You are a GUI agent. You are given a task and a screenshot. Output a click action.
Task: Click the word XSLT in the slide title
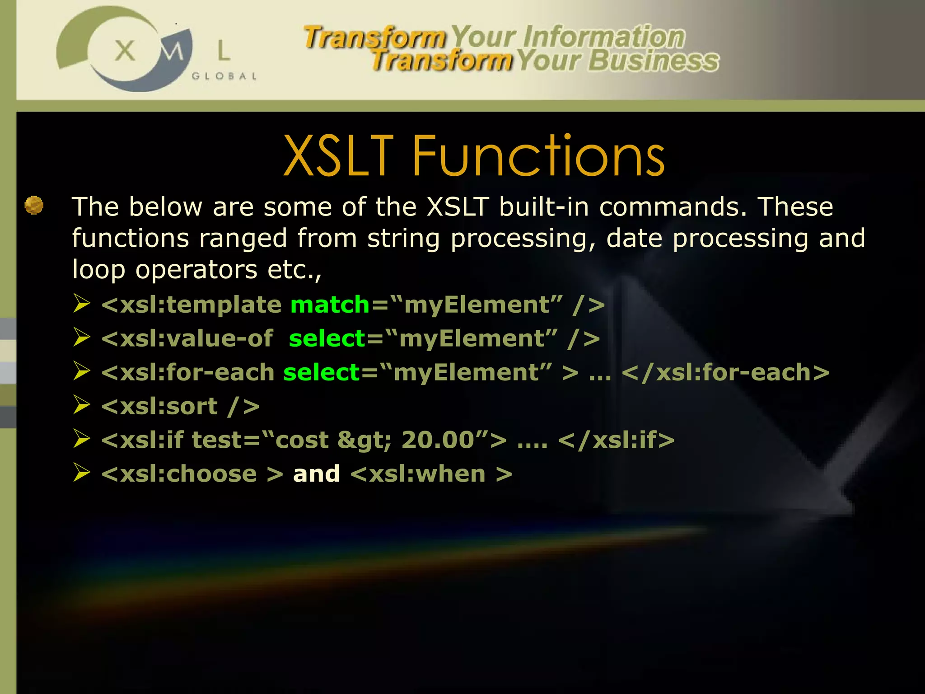tap(339, 156)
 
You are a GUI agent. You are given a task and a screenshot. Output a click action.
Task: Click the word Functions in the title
tap(538, 156)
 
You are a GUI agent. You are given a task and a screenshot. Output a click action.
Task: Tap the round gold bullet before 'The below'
tap(34, 205)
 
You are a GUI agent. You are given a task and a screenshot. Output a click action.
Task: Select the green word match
tap(330, 305)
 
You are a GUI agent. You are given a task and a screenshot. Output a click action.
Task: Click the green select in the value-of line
tap(327, 338)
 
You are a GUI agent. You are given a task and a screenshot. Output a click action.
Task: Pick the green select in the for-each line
tap(322, 372)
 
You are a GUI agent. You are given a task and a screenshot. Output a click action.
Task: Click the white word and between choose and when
tap(316, 474)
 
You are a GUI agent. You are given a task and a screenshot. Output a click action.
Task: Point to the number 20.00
tap(438, 440)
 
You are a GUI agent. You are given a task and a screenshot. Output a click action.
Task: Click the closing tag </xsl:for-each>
tap(725, 372)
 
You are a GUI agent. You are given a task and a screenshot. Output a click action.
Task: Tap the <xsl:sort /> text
tap(181, 406)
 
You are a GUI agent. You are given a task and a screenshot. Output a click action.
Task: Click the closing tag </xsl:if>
tap(616, 440)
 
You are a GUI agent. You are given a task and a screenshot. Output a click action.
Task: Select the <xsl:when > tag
tap(431, 474)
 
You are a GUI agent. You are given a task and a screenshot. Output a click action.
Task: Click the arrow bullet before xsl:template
tap(82, 304)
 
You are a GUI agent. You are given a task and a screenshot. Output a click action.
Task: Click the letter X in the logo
tap(125, 50)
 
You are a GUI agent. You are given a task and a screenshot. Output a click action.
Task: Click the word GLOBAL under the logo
tap(224, 76)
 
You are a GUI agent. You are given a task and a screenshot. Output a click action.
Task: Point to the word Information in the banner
tap(604, 37)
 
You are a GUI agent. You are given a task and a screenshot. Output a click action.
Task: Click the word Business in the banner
tap(654, 61)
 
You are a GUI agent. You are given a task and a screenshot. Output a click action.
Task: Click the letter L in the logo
tap(224, 50)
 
